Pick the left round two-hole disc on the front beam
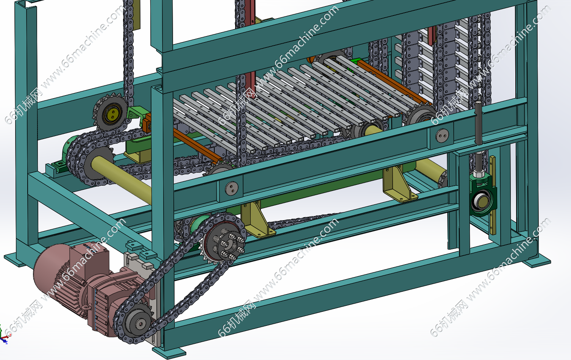point(232,189)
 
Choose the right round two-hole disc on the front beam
point(442,136)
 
